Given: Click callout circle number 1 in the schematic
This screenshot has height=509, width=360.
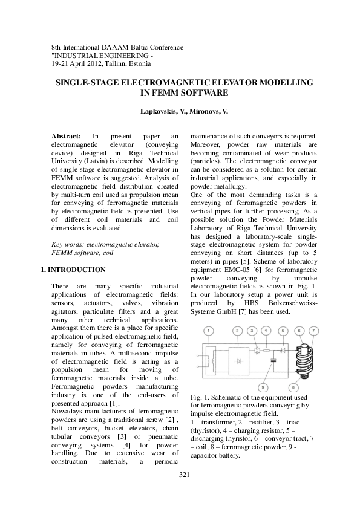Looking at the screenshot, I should [208, 331].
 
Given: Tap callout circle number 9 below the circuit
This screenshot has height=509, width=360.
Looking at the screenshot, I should [263, 387].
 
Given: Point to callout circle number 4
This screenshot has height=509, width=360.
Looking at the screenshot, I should [267, 331].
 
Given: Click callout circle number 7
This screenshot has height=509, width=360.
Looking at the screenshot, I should [313, 331].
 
